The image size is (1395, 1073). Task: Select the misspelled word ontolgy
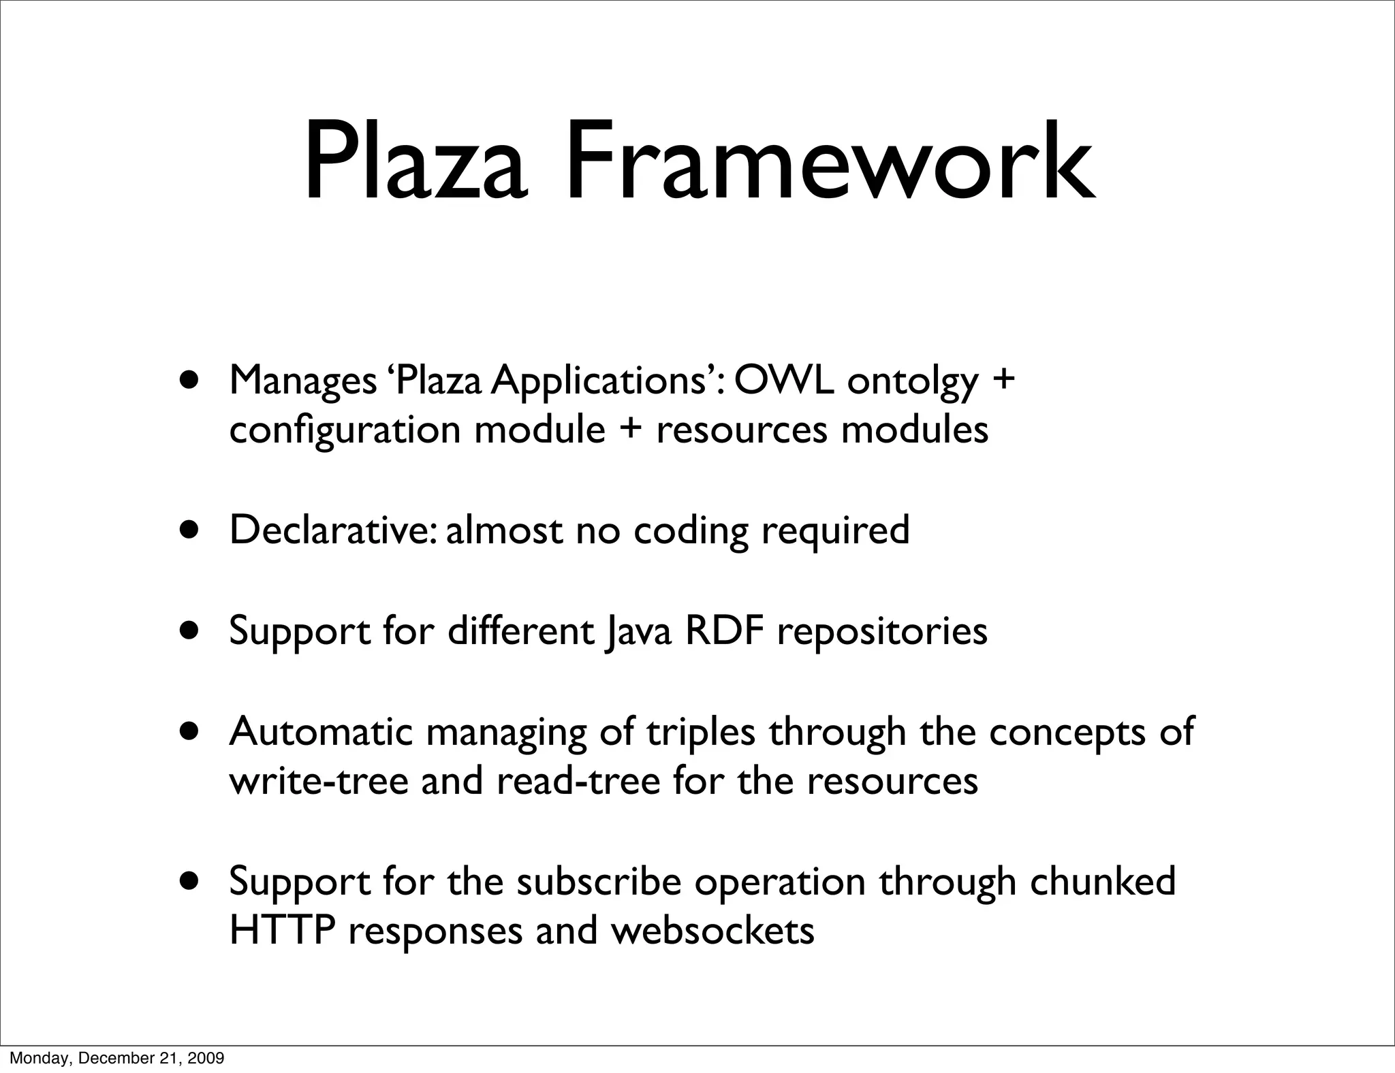pos(913,383)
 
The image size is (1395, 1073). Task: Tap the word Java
pos(639,631)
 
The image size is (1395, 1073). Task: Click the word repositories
pos(881,632)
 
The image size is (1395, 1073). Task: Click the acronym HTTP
pos(282,930)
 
